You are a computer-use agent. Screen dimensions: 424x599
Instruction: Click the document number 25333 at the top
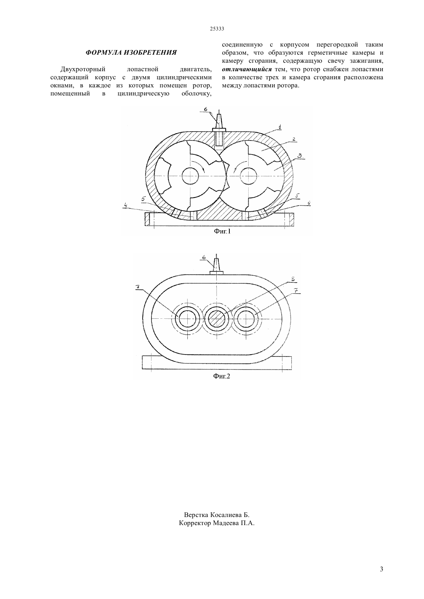tap(217, 29)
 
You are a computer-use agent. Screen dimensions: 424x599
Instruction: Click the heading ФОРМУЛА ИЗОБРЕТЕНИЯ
tap(131, 53)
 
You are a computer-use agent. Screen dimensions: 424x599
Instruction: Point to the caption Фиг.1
tap(222, 231)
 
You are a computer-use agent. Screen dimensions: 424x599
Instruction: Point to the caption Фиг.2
tap(221, 376)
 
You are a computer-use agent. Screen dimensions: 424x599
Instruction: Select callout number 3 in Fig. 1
tap(300, 156)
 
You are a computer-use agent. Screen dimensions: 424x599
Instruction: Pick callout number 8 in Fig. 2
tap(293, 279)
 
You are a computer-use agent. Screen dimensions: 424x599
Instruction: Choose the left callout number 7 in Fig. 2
tap(138, 287)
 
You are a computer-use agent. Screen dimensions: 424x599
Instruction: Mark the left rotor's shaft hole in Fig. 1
tap(190, 176)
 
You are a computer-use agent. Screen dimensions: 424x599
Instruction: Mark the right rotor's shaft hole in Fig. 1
tap(248, 176)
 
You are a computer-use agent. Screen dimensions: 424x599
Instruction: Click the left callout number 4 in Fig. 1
tap(125, 205)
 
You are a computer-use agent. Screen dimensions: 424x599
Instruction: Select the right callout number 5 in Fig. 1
tap(297, 196)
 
